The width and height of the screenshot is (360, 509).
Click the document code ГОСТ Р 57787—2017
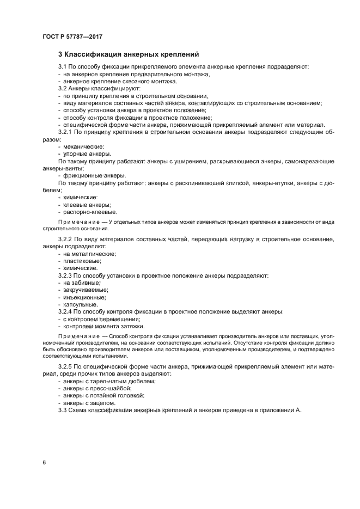[x=72, y=36]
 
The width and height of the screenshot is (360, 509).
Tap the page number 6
[x=44, y=463]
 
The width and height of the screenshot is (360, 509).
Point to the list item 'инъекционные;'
[x=84, y=297]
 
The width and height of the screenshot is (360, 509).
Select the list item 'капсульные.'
[x=81, y=304]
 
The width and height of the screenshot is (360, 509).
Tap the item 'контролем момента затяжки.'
[x=96, y=326]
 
